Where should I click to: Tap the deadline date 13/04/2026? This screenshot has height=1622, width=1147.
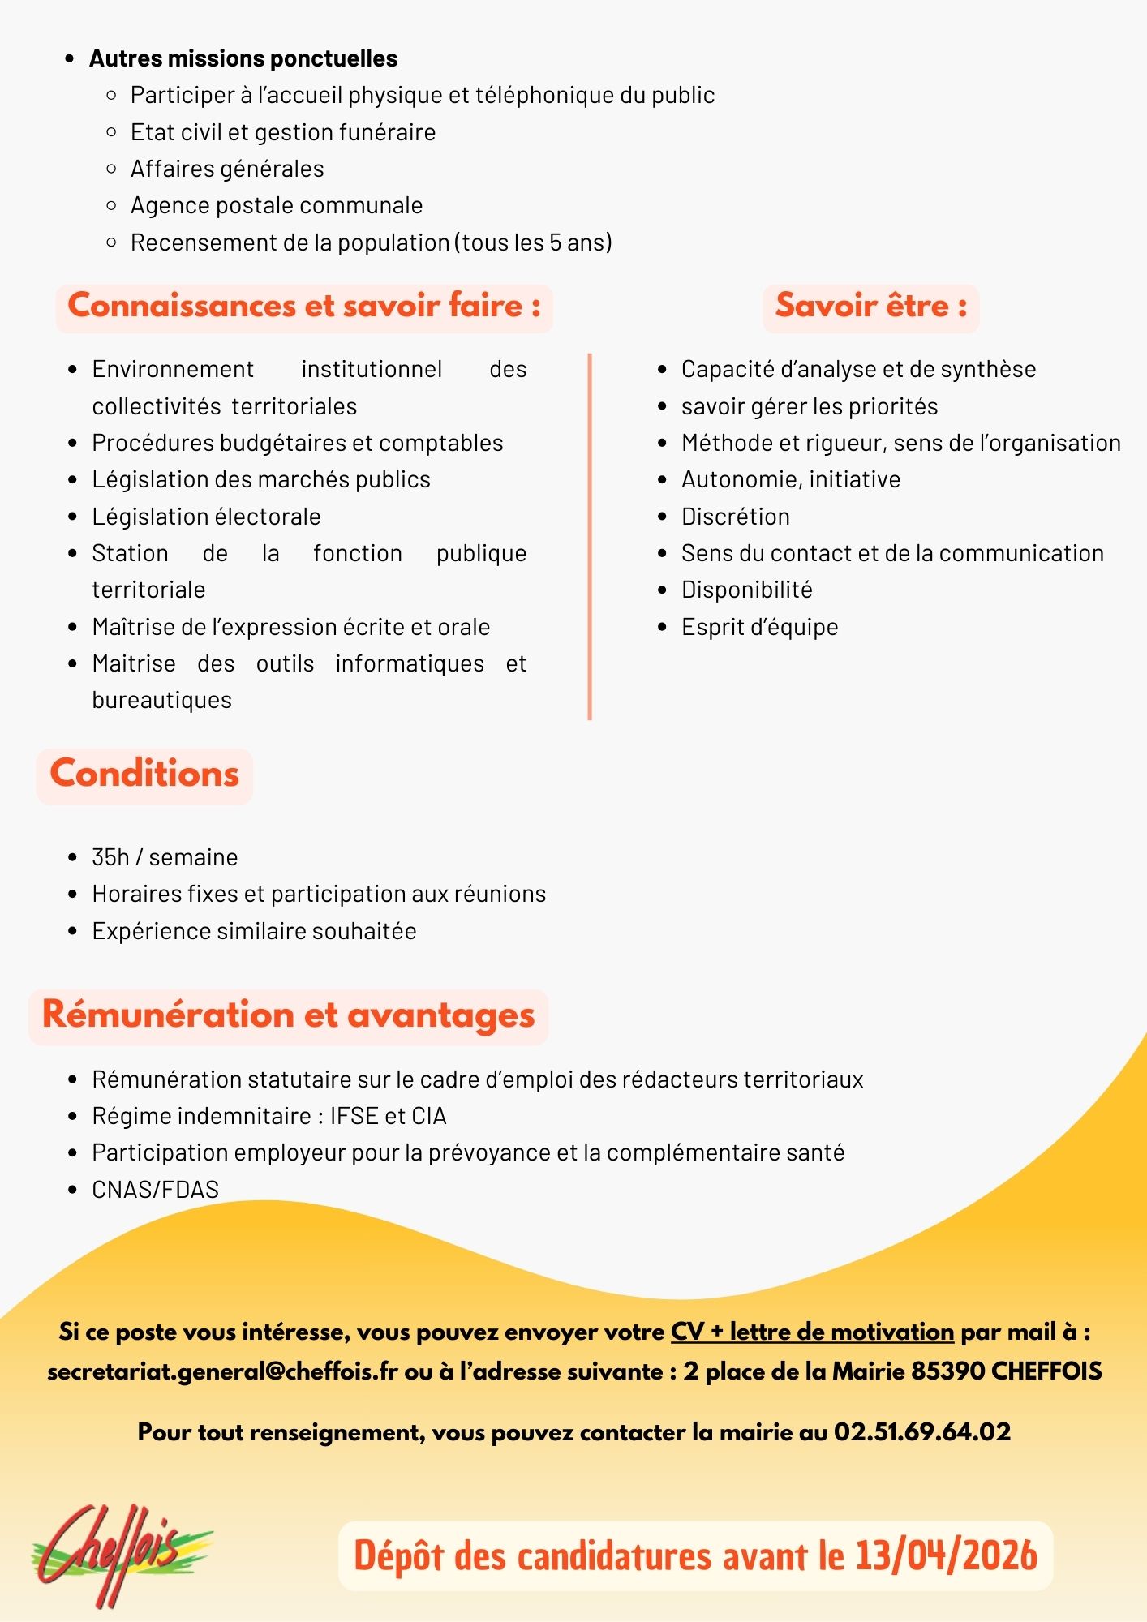pos(947,1556)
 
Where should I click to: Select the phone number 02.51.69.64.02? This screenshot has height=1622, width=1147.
pos(922,1432)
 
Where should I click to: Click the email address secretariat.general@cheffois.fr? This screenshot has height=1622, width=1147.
pos(222,1371)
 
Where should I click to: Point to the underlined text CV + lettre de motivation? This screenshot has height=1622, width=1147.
pos(812,1332)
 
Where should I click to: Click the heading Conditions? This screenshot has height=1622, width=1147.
pos(144,774)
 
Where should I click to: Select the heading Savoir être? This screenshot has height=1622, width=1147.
pos(870,306)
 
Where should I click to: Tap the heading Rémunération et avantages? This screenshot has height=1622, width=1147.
pos(288,1015)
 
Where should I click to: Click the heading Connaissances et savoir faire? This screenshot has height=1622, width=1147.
pos(304,306)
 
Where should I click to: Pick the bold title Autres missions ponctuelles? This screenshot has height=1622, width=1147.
pos(243,58)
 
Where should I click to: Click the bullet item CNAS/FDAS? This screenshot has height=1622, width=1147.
pos(155,1190)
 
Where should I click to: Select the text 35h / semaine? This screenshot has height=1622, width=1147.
pos(165,857)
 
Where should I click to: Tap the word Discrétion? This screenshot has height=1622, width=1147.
pos(735,517)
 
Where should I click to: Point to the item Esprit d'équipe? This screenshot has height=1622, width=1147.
pos(759,627)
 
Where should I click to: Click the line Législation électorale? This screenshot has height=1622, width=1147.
pos(206,517)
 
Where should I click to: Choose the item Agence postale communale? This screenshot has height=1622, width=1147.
pos(277,205)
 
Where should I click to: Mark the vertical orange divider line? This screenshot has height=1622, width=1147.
pos(590,535)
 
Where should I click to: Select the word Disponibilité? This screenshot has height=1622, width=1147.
pos(746,590)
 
